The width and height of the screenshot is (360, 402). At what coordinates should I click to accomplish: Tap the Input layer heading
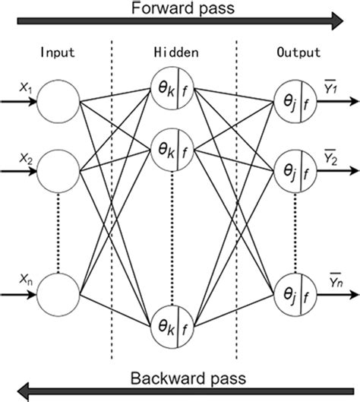(x=57, y=55)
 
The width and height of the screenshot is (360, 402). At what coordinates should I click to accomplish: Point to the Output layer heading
(x=297, y=55)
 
